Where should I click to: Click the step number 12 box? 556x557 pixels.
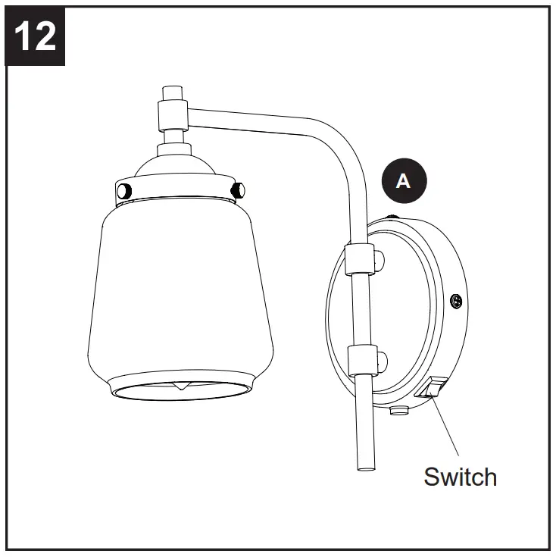pos(36,35)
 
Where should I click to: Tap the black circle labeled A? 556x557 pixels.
pos(404,180)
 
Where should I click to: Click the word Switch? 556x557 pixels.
pos(460,477)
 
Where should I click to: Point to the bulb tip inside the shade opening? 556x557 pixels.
pos(180,387)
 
